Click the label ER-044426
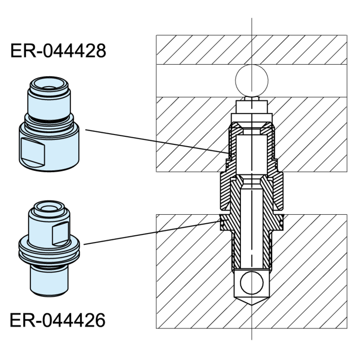click(x=57, y=320)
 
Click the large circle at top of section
click(x=252, y=81)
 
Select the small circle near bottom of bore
click(x=252, y=283)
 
